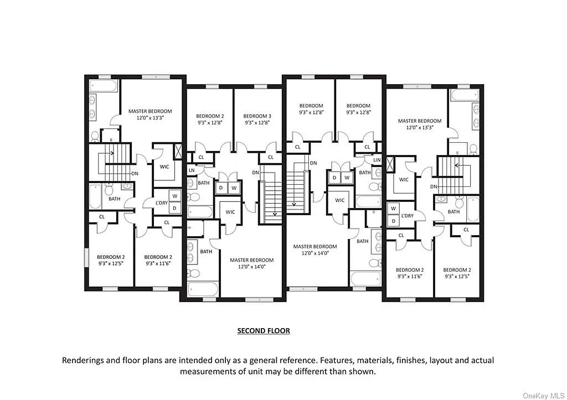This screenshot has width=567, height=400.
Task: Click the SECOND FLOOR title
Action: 264,331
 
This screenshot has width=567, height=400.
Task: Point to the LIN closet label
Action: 377,160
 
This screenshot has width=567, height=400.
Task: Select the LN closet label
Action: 192,170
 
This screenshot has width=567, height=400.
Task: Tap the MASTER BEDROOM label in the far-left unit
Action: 150,111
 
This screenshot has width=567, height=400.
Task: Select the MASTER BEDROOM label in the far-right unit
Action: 420,121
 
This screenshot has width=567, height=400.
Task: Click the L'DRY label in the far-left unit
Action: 161,202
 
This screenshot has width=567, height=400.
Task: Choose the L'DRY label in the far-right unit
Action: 407,215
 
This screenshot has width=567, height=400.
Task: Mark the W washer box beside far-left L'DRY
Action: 174,196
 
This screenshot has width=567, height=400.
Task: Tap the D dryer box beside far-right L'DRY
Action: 393,221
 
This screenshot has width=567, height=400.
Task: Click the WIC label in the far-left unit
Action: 164,167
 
